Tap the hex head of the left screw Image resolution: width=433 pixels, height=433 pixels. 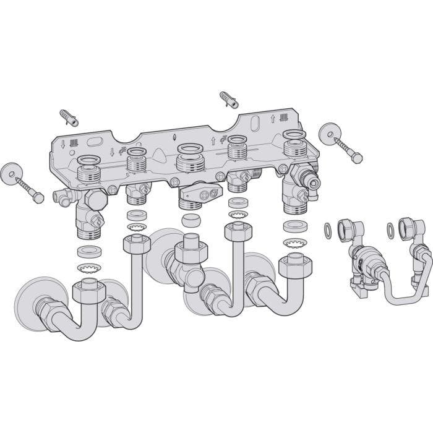[x=38, y=197]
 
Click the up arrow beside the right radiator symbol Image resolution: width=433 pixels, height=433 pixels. [x=273, y=117]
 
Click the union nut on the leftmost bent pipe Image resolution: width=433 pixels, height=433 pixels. [x=87, y=291]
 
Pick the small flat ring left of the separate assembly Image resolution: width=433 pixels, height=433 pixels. [x=327, y=231]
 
